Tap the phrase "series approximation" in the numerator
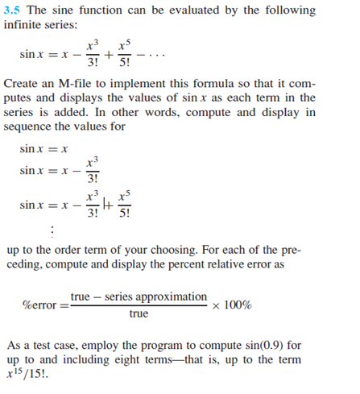(160, 297)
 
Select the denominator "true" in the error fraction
(139, 314)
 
